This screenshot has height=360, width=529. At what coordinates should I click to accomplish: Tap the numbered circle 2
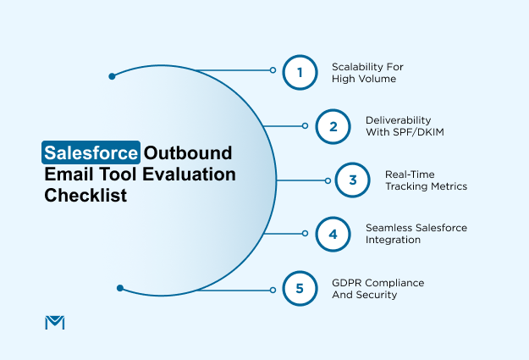[333, 126]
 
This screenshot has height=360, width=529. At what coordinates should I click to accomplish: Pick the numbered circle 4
[333, 234]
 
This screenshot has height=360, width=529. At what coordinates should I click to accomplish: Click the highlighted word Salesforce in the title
[91, 153]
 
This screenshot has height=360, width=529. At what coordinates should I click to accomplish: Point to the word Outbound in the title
[187, 153]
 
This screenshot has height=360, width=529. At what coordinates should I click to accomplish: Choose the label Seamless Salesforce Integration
[416, 234]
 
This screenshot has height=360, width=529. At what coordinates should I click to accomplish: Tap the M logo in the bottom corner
[53, 322]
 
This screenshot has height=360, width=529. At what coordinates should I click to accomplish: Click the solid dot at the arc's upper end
[112, 76]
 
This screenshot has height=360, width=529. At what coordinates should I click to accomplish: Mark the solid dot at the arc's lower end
[120, 288]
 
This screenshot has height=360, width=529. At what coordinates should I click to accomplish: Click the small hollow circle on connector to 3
[328, 180]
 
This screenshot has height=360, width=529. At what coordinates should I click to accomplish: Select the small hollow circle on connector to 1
[273, 70]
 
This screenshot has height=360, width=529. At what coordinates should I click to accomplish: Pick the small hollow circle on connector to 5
[273, 290]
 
